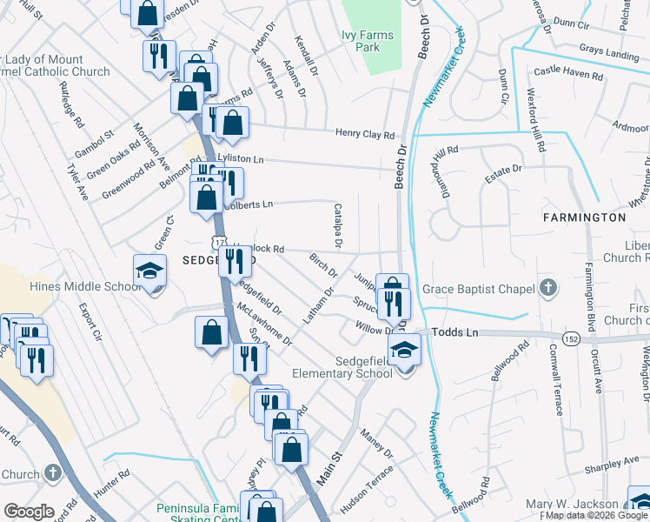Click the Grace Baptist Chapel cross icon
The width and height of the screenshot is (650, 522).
547,287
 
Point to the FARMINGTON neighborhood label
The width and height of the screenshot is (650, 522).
584,217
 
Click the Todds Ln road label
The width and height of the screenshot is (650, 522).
454,333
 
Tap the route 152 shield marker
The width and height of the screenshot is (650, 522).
571,337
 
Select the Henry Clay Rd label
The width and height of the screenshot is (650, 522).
366,135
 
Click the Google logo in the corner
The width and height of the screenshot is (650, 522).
29,511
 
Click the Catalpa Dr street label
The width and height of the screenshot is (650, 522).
338,225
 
